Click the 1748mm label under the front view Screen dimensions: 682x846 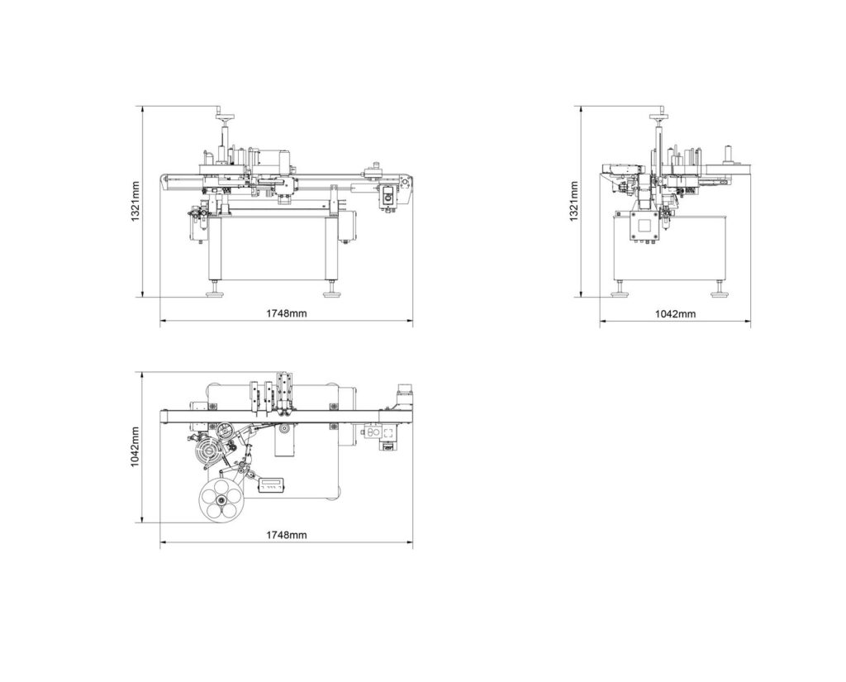286,314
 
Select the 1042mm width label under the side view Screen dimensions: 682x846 675,314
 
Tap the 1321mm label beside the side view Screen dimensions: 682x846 573,202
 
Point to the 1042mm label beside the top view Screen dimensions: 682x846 135,447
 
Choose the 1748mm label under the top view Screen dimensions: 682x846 286,535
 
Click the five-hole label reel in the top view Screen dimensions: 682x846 221,501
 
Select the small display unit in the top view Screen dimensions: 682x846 272,485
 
